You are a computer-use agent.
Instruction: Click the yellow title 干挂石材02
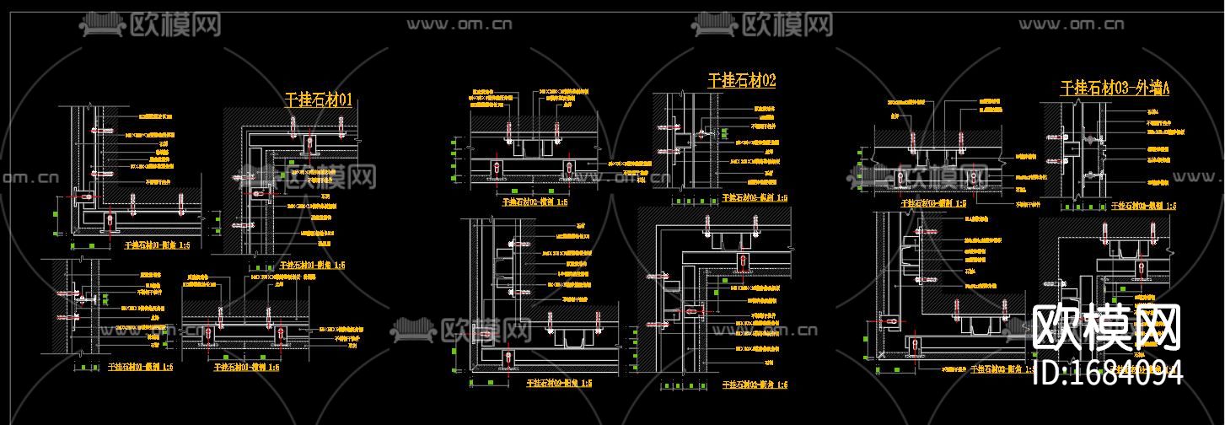[x=741, y=81]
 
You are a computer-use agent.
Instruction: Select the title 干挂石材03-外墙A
[x=1115, y=88]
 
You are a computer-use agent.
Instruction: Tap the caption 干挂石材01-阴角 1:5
[x=157, y=245]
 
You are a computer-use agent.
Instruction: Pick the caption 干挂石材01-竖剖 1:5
[x=141, y=367]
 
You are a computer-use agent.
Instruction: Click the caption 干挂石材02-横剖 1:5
[x=535, y=202]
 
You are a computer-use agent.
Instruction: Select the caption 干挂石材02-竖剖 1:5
[x=755, y=198]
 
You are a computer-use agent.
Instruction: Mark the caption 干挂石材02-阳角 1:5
[x=559, y=383]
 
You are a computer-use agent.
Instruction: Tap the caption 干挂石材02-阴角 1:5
[x=755, y=385]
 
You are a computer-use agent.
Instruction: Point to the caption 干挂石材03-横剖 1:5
[x=934, y=203]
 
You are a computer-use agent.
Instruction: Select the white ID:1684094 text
[x=1107, y=372]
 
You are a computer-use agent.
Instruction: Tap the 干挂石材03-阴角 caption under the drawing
[x=1003, y=369]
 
